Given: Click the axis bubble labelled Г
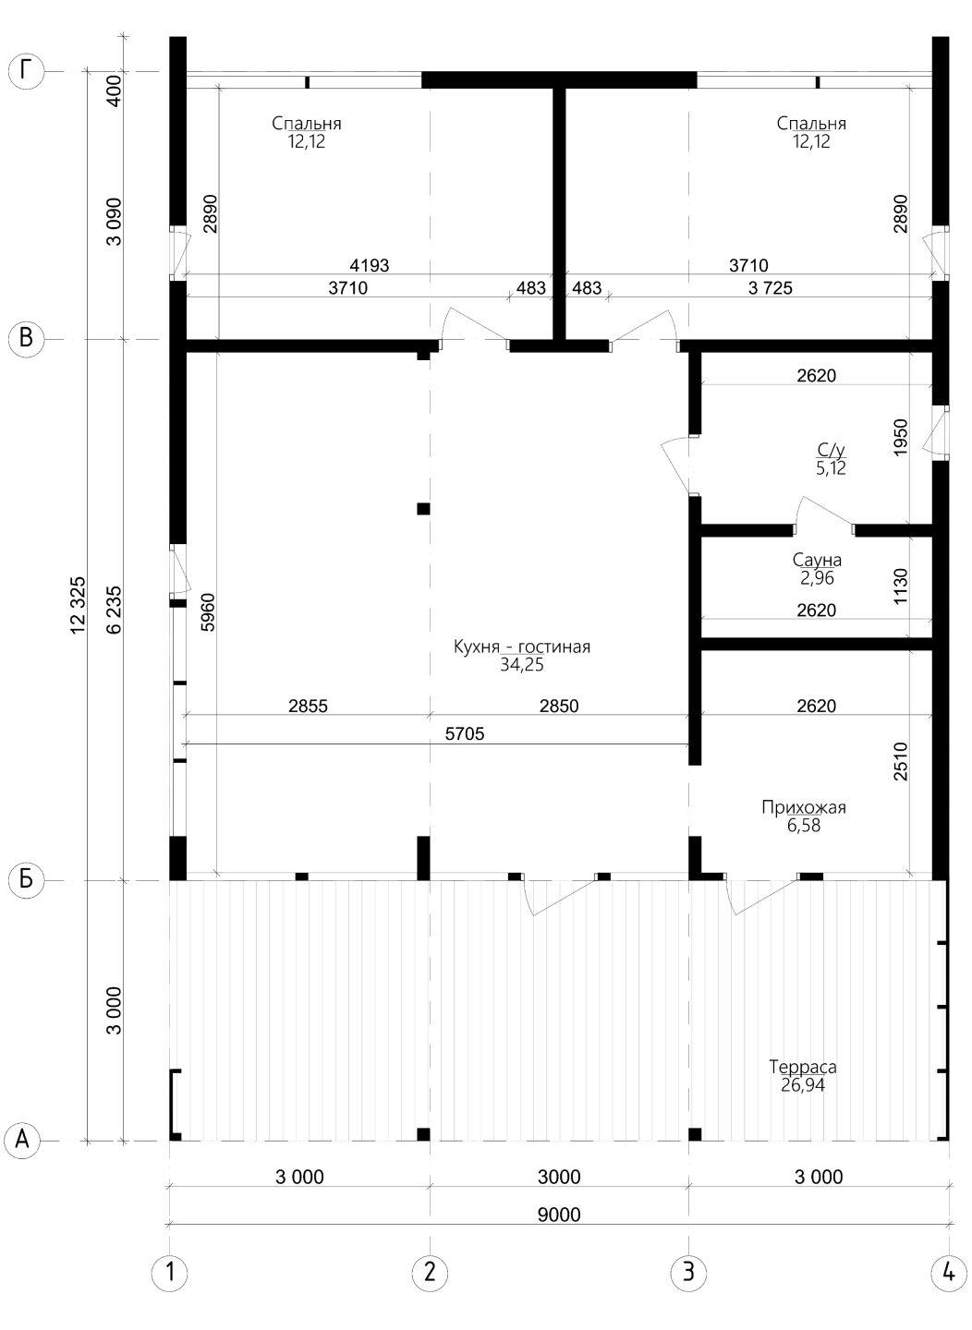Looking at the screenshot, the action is pyautogui.click(x=26, y=72).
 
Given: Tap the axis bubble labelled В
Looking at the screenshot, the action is pyautogui.click(x=26, y=339).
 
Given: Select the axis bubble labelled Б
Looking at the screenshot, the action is pyautogui.click(x=26, y=879).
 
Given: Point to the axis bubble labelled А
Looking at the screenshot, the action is pyautogui.click(x=22, y=1141).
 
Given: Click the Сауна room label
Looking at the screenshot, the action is pyautogui.click(x=817, y=560).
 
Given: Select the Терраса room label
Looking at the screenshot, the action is pyautogui.click(x=803, y=1067).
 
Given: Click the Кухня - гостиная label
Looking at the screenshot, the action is pyautogui.click(x=522, y=647).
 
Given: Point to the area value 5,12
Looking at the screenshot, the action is pyautogui.click(x=831, y=468).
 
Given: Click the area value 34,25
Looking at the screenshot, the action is pyautogui.click(x=522, y=664).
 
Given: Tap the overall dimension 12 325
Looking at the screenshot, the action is pyautogui.click(x=79, y=606).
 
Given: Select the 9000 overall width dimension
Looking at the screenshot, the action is pyautogui.click(x=558, y=1215).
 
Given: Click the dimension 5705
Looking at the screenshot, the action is pyautogui.click(x=465, y=734).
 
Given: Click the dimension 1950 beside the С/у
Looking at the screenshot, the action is pyautogui.click(x=901, y=438).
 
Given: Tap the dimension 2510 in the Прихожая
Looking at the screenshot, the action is pyautogui.click(x=901, y=761).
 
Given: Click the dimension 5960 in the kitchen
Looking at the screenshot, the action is pyautogui.click(x=209, y=611).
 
